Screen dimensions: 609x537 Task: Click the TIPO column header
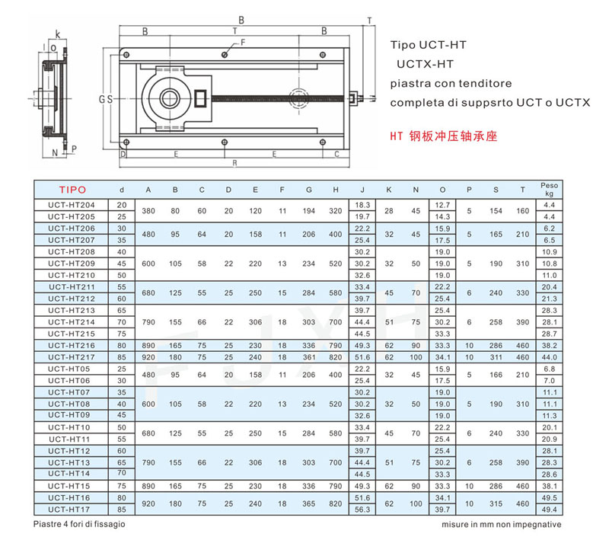point(72,190)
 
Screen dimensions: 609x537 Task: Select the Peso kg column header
point(549,189)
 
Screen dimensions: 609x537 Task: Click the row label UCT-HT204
point(72,205)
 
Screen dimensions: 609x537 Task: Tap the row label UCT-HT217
point(72,357)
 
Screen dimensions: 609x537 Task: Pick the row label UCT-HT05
point(69,369)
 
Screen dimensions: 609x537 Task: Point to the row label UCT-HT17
point(69,510)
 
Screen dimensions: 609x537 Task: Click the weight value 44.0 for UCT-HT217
point(549,357)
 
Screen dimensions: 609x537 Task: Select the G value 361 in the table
point(309,357)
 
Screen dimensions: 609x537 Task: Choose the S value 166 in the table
point(496,375)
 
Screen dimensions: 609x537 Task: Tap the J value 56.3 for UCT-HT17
point(362,510)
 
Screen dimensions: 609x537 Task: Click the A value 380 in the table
point(148,211)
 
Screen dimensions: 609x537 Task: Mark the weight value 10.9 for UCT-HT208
point(549,252)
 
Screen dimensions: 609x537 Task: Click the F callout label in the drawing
point(243,43)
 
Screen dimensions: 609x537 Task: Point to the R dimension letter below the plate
point(234,163)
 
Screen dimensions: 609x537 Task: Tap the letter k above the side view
point(58,34)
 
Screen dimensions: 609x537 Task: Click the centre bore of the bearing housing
point(169,98)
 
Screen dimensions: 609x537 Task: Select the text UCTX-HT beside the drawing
point(425,64)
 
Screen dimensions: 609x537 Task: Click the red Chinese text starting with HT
point(444,136)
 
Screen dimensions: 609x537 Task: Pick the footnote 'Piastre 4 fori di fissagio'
point(79,524)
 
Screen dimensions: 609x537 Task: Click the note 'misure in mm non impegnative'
point(502,525)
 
